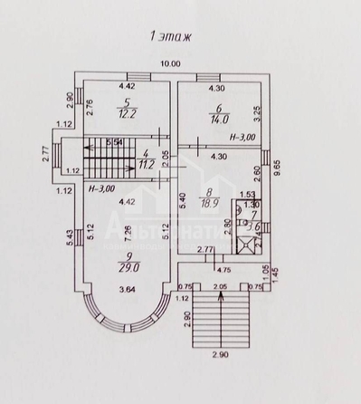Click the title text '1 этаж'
click(x=165, y=38)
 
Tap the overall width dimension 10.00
click(x=169, y=63)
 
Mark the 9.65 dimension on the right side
click(x=291, y=172)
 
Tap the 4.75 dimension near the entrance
click(x=218, y=269)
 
